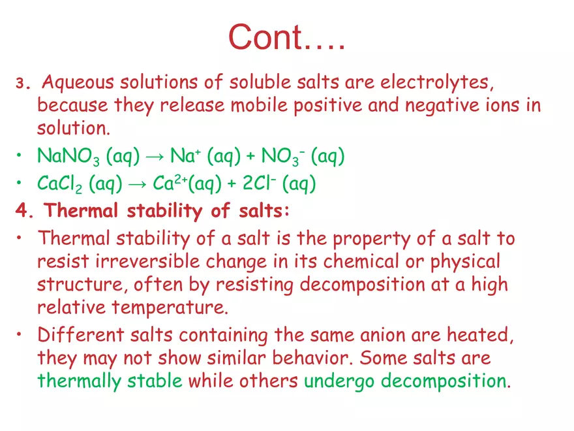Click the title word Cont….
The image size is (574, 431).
point(286,37)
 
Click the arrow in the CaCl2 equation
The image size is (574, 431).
point(136,185)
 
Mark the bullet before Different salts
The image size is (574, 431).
point(22,336)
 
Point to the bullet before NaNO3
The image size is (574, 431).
point(22,157)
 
